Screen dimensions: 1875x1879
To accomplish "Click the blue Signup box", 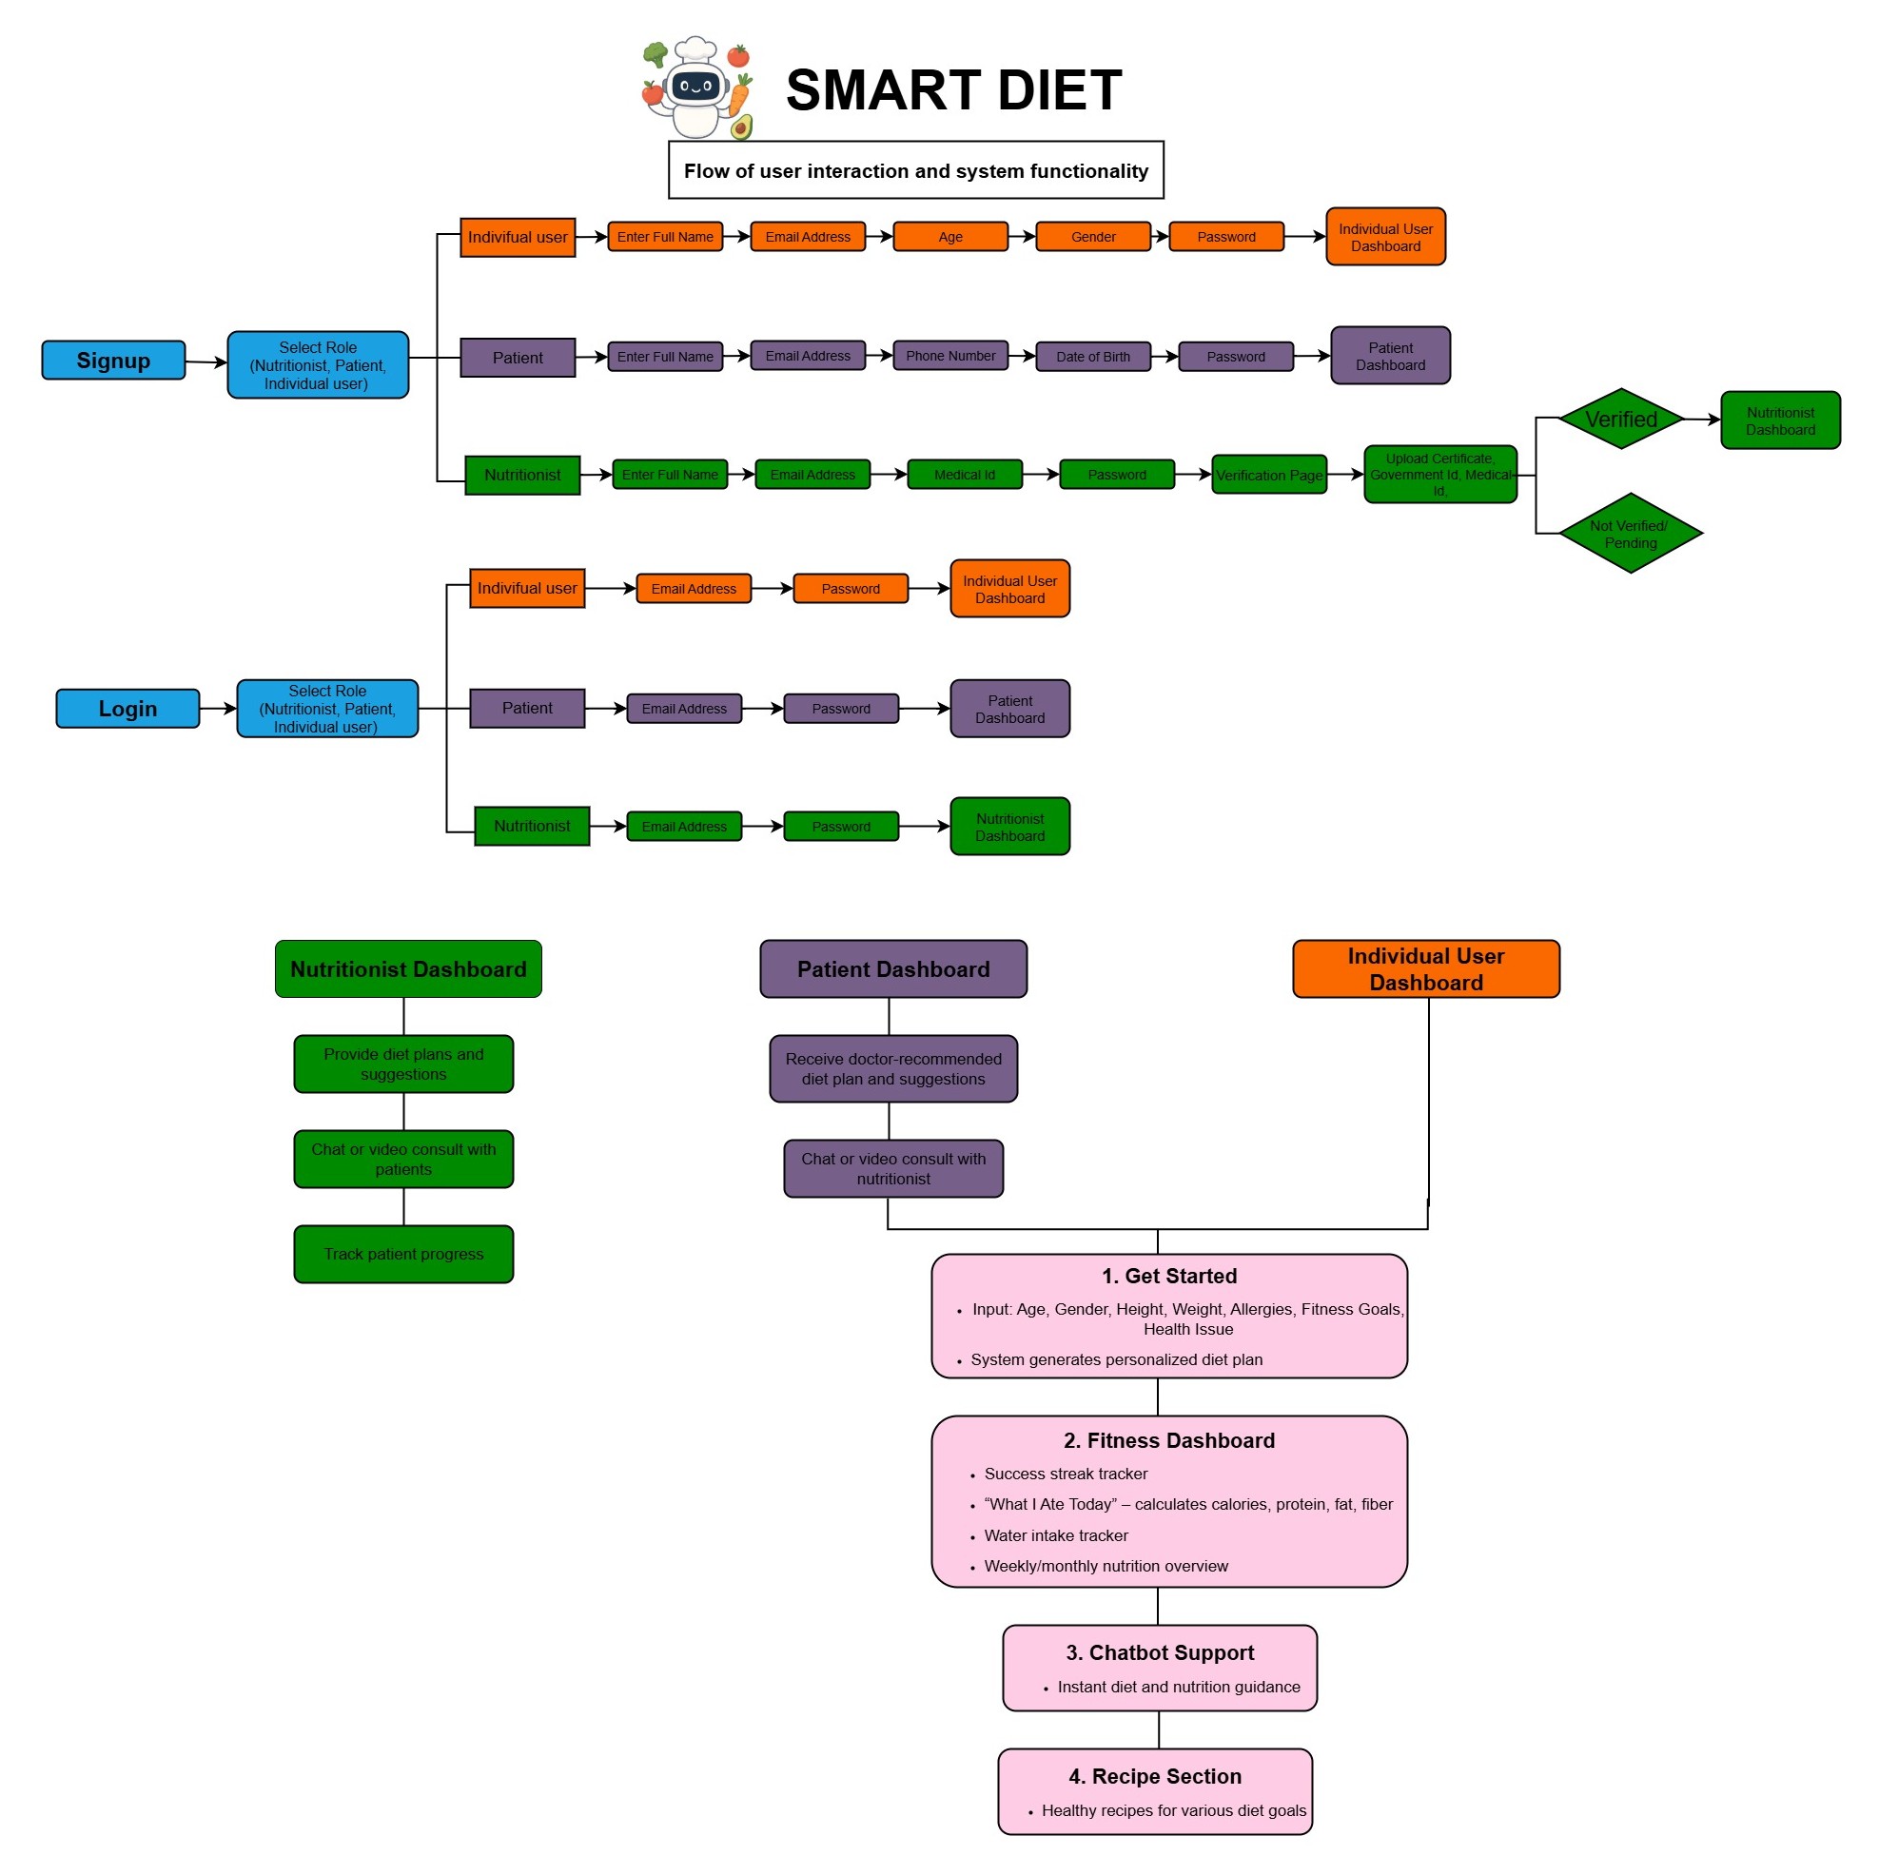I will pyautogui.click(x=113, y=360).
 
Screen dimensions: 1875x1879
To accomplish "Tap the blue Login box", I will pyautogui.click(x=127, y=708).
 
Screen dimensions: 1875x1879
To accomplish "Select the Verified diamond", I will pyautogui.click(x=1620, y=420).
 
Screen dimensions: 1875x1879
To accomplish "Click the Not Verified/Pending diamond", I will pyautogui.click(x=1629, y=534).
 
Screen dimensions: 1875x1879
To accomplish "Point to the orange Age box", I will pyautogui.click(x=950, y=236).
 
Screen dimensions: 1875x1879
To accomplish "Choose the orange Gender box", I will pyautogui.click(x=1093, y=236).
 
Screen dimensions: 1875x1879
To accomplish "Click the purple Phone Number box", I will pyautogui.click(x=950, y=356).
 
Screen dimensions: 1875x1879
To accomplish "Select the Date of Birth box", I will pyautogui.click(x=1093, y=357).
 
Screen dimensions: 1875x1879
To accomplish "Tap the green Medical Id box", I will pyautogui.click(x=964, y=475).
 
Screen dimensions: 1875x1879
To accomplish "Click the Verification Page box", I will pyautogui.click(x=1268, y=475).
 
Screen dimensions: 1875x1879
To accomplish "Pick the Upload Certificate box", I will pyautogui.click(x=1439, y=475).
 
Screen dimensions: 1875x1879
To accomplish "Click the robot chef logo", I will pyautogui.click(x=697, y=88).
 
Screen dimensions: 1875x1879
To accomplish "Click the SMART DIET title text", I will pyautogui.click(x=953, y=90).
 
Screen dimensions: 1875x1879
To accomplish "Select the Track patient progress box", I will pyautogui.click(x=403, y=1254).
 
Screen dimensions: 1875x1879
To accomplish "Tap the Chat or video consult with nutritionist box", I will pyautogui.click(x=892, y=1168).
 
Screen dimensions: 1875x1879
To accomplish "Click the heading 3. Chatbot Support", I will pyautogui.click(x=1160, y=1652).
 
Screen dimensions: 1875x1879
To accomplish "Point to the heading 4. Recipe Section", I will pyautogui.click(x=1154, y=1776).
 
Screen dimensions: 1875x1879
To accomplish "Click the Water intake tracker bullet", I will pyautogui.click(x=1055, y=1535).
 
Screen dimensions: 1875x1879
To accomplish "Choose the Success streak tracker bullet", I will pyautogui.click(x=1065, y=1474).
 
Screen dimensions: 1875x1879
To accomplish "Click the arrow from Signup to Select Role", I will pyautogui.click(x=206, y=362).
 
